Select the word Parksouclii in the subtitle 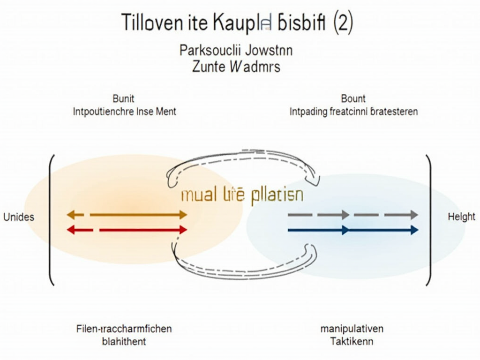(x=207, y=50)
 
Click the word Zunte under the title (x=209, y=66)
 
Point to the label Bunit (x=124, y=99)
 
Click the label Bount (x=353, y=99)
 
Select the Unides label (x=18, y=217)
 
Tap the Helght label (x=461, y=217)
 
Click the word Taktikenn (x=352, y=341)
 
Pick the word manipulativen (x=352, y=329)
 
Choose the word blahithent (x=124, y=341)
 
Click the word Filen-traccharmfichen (x=124, y=329)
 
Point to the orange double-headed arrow (x=127, y=215)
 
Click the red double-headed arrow (x=127, y=230)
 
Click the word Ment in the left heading (x=167, y=112)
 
